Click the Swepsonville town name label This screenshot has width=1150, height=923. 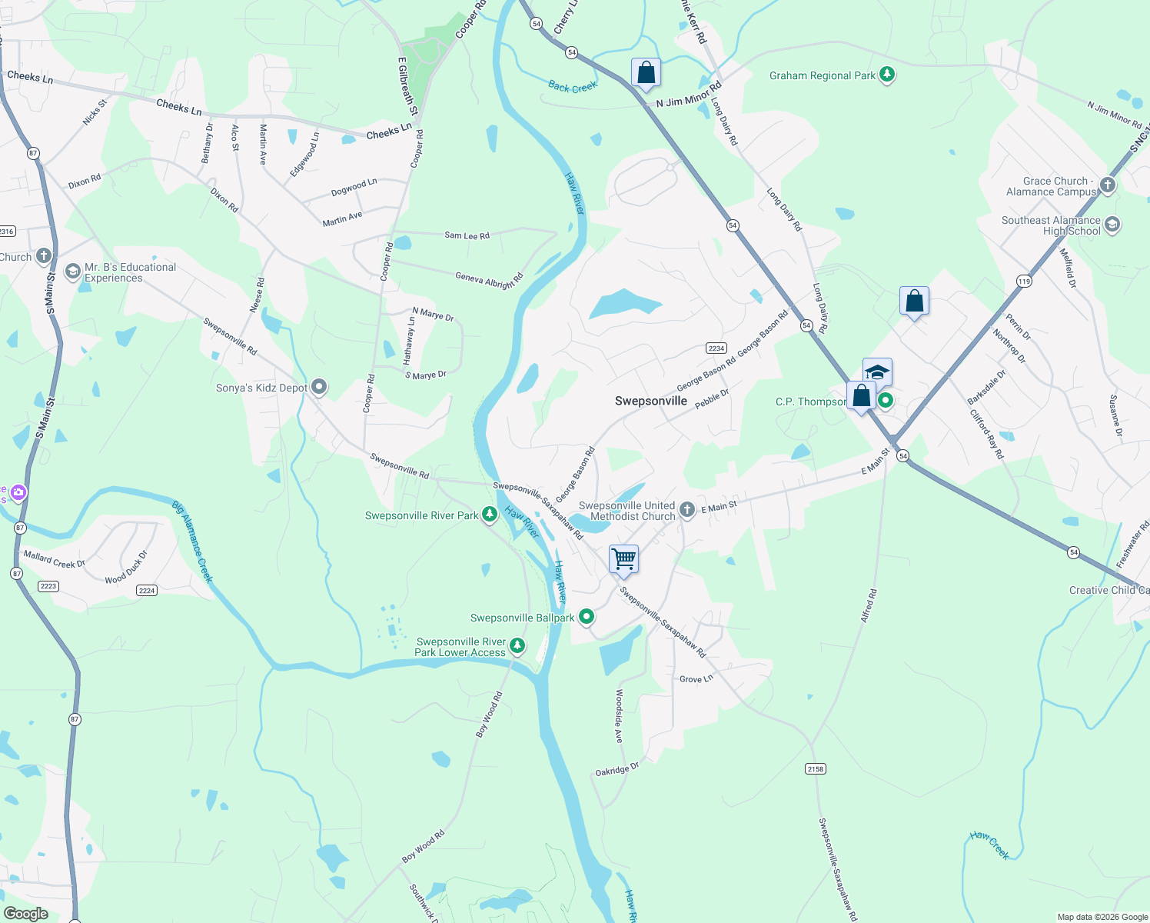pos(650,401)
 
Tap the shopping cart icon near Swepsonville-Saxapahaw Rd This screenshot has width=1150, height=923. pos(623,558)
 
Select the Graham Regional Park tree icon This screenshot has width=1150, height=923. pos(887,75)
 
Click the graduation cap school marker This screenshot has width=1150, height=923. pos(877,372)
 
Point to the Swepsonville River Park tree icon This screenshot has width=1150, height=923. pos(490,515)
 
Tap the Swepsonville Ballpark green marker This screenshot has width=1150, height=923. pos(587,616)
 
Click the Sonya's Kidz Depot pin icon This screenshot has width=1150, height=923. pos(319,387)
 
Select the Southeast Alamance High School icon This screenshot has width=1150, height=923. pos(1112,225)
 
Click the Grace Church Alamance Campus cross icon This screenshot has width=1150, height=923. pos(1107,185)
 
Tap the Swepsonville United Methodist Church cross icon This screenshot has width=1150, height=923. pos(686,509)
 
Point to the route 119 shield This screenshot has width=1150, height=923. pos(1024,282)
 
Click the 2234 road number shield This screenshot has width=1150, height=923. pos(716,348)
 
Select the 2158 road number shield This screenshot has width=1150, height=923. pos(815,768)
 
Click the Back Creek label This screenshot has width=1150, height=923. pos(573,87)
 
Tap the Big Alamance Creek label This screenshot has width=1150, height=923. pos(192,541)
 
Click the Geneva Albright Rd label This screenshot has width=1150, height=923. pos(489,279)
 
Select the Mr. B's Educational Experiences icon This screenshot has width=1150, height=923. pos(72,272)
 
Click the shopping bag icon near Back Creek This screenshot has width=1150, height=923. pos(646,72)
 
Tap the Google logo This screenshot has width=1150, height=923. pos(25,913)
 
